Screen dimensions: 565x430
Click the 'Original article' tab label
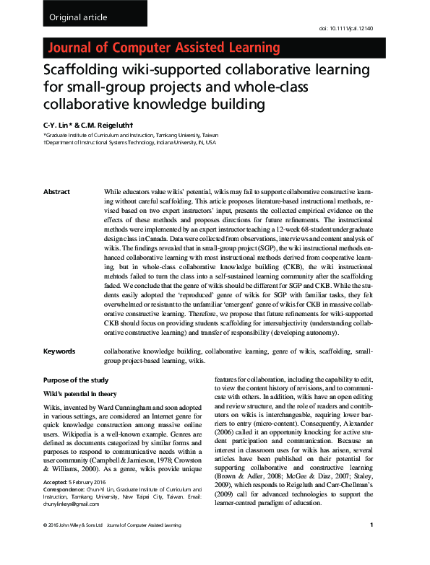click(77, 17)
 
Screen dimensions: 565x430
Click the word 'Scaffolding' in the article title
click(81, 71)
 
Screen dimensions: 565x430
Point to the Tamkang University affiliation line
click(120, 135)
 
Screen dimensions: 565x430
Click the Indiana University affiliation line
click(129, 143)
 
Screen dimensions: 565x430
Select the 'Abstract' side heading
click(57, 192)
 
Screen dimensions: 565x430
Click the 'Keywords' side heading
click(59, 351)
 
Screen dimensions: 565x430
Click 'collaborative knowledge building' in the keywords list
click(152, 351)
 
